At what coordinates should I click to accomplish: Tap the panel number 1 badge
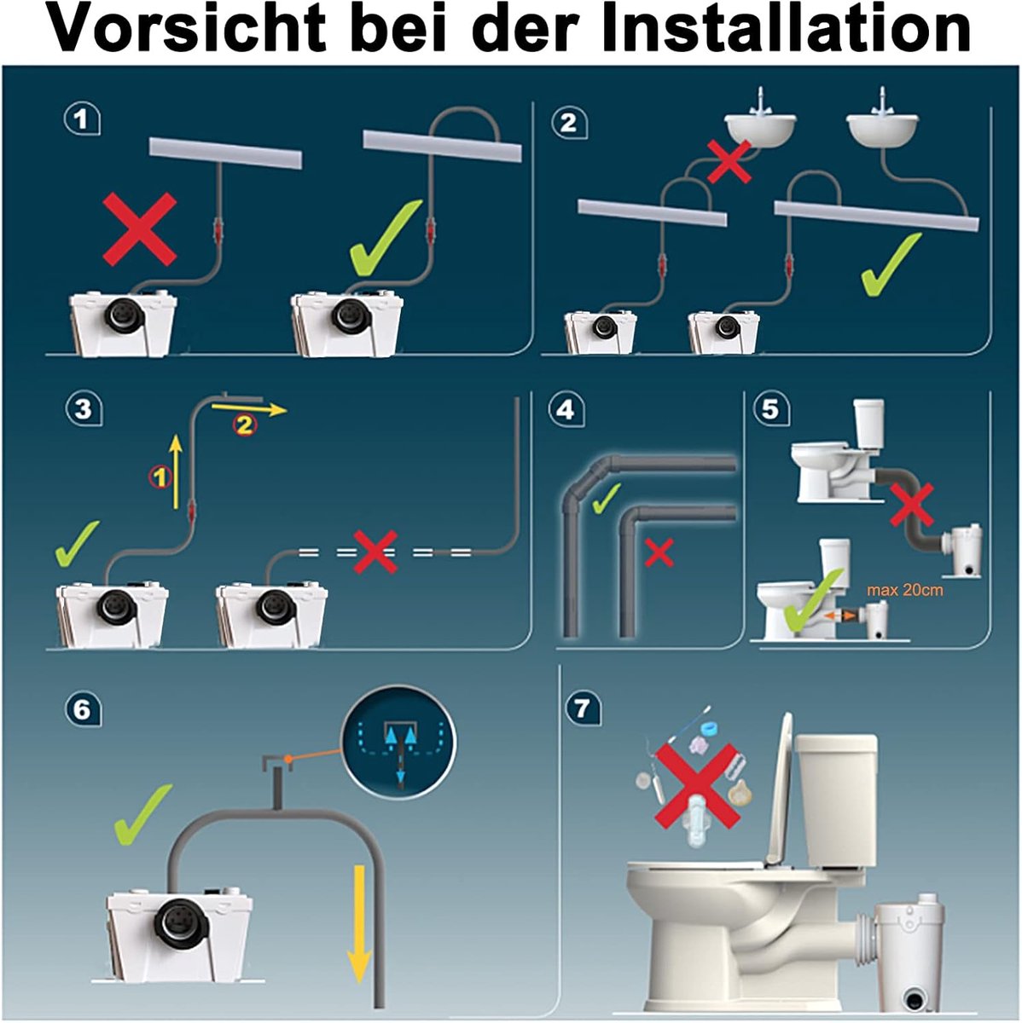[x=82, y=119]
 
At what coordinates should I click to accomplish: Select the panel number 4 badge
[x=566, y=411]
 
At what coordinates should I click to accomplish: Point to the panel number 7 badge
[x=584, y=709]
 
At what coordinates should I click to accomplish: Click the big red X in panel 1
[x=139, y=228]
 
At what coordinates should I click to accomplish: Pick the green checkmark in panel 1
[x=386, y=238]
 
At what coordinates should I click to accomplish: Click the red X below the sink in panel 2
[x=729, y=161]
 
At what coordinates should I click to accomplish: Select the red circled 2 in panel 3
[x=244, y=425]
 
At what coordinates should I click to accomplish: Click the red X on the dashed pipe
[x=375, y=552]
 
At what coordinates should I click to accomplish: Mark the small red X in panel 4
[x=659, y=552]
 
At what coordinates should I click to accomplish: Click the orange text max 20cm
[x=904, y=590]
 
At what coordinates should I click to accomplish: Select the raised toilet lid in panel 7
[x=781, y=791]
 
